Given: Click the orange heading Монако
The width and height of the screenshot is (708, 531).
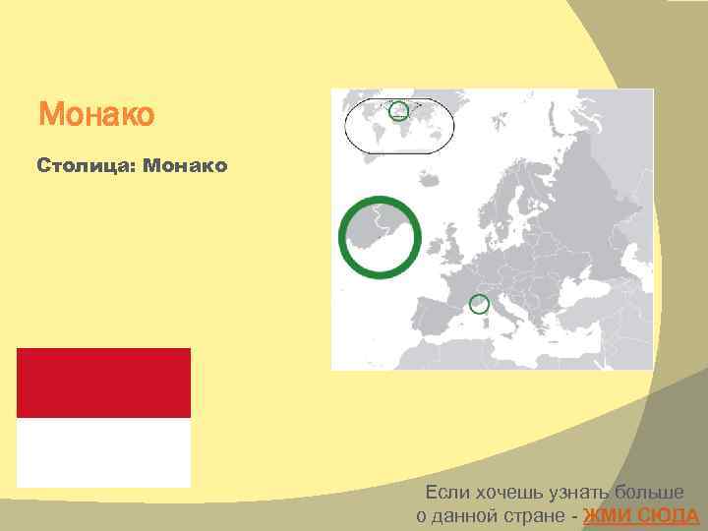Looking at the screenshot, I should [96, 115].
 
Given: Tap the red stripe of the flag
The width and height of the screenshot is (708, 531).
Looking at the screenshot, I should [103, 383].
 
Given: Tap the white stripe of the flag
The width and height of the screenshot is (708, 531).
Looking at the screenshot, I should [103, 451].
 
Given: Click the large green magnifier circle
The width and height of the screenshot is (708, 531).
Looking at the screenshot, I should [380, 237].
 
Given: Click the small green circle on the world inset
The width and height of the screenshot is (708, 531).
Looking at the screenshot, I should [398, 110].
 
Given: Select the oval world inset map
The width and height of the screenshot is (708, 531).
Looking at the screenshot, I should [398, 125].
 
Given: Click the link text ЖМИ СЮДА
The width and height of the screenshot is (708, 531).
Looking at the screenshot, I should [640, 516].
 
